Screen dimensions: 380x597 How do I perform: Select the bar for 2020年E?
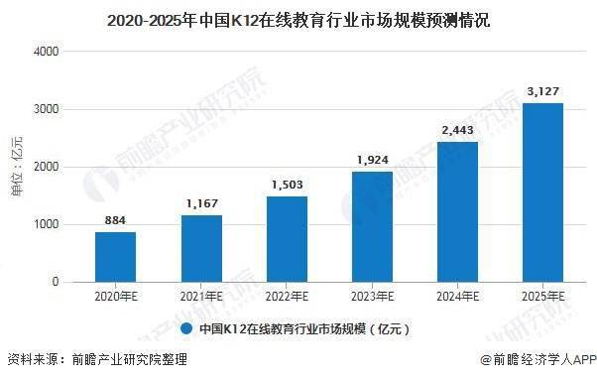pyautogui.click(x=116, y=257)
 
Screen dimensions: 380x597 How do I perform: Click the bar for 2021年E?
pyautogui.click(x=201, y=249)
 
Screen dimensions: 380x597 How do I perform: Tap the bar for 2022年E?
pyautogui.click(x=287, y=239)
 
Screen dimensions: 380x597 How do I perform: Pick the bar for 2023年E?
pyautogui.click(x=372, y=227)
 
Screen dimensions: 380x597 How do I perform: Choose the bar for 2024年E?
pyautogui.click(x=457, y=212)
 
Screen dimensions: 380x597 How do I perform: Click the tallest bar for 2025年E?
pyautogui.click(x=542, y=192)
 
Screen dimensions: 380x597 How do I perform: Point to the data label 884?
pyautogui.click(x=116, y=221)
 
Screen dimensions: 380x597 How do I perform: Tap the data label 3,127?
pyautogui.click(x=542, y=91)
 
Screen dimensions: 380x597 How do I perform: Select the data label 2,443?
pyautogui.click(x=457, y=131)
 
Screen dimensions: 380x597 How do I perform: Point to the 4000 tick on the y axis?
pyautogui.click(x=46, y=51)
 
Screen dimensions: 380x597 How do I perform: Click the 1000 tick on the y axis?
pyautogui.click(x=46, y=225)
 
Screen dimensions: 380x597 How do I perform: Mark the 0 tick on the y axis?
pyautogui.click(x=55, y=283)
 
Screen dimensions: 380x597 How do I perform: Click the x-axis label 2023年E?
pyautogui.click(x=372, y=297)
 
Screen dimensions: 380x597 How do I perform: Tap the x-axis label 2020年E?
pyautogui.click(x=116, y=297)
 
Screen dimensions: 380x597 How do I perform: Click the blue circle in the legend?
pyautogui.click(x=186, y=326)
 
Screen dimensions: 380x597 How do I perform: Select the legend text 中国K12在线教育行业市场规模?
pyautogui.click(x=303, y=327)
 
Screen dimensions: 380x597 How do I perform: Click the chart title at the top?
pyautogui.click(x=298, y=18)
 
